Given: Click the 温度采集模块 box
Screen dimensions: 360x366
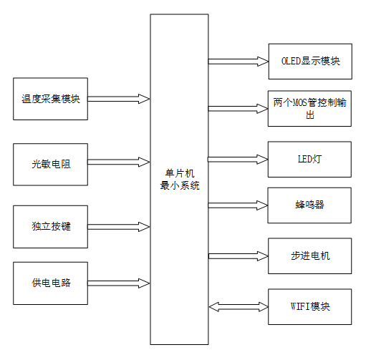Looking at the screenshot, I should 50,98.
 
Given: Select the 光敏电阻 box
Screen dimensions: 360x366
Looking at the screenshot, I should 50,163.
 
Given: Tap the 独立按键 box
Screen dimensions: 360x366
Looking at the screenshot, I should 50,227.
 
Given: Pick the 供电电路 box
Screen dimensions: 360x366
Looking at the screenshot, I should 50,282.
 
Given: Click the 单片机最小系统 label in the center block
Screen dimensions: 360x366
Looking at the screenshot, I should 179,180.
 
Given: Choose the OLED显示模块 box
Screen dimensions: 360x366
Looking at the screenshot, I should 309,62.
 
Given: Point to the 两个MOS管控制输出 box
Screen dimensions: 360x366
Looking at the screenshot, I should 309,108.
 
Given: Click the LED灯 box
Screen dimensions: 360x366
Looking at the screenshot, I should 309,158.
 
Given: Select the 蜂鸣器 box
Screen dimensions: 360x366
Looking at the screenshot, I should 309,205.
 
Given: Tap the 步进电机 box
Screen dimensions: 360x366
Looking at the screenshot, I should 309,256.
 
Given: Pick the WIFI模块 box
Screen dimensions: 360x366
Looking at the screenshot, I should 309,306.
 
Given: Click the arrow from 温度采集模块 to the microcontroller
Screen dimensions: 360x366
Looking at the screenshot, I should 119,98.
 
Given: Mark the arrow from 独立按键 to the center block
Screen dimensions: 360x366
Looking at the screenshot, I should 119,227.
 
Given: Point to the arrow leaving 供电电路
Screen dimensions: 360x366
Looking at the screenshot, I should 119,282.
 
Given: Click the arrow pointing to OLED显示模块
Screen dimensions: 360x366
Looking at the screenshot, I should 238,62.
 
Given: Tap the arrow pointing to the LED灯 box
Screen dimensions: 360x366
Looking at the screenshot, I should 238,158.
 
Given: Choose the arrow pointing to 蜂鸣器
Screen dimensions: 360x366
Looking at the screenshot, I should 238,205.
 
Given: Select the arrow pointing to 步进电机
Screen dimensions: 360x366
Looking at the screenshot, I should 238,256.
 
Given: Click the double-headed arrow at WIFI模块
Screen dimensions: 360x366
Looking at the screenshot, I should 238,306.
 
